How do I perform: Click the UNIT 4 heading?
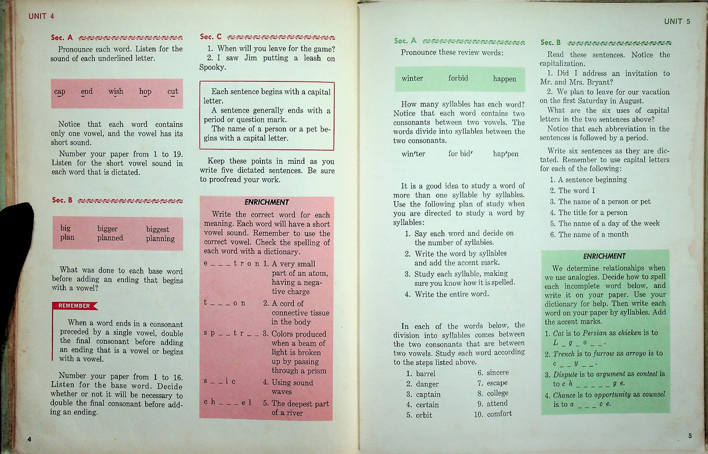(41, 16)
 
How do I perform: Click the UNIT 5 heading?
(677, 21)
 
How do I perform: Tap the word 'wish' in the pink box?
(116, 91)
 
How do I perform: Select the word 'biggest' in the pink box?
(157, 229)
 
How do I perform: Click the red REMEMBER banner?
(74, 306)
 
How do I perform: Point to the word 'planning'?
(160, 238)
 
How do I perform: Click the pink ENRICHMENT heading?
(267, 202)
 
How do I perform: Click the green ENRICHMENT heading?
(604, 256)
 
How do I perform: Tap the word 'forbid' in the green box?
(458, 78)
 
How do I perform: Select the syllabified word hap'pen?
(505, 154)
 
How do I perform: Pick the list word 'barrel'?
(425, 373)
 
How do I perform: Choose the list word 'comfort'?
(499, 414)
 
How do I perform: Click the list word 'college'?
(497, 393)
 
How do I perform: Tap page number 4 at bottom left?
(29, 439)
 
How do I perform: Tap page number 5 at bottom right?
(690, 436)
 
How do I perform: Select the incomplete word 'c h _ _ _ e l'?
(227, 402)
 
